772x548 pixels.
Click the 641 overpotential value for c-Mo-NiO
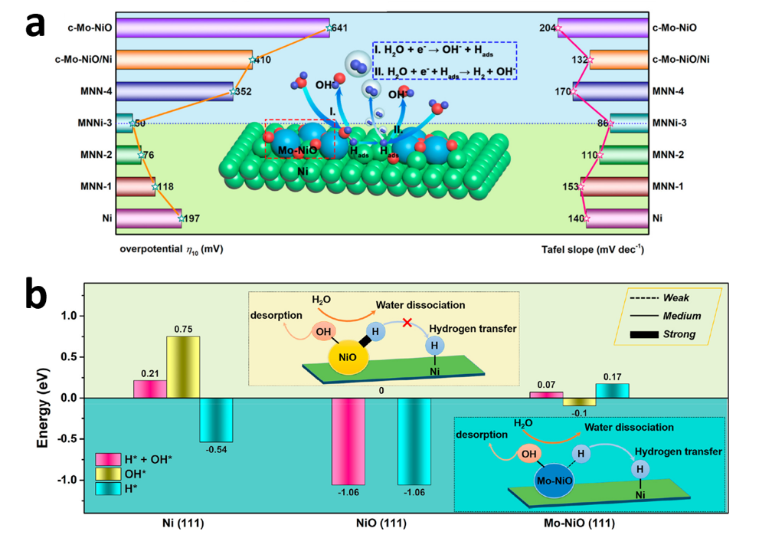pos(341,28)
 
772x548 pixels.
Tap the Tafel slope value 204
pos(547,28)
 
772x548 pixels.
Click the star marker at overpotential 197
pos(181,218)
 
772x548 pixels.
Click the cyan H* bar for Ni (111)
pos(217,419)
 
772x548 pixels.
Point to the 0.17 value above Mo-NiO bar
pos(613,376)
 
